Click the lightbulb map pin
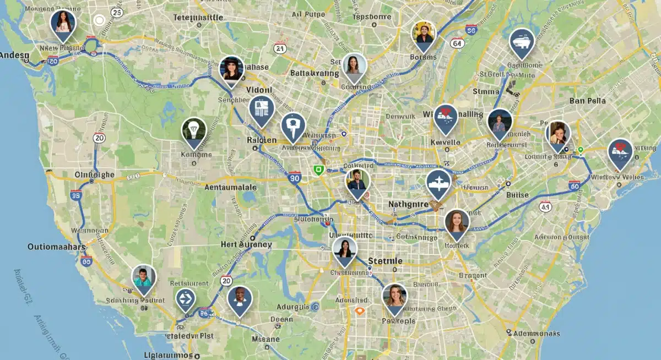(x=193, y=131)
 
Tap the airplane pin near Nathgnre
(x=438, y=183)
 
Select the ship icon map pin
(x=521, y=41)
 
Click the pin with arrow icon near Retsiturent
(x=186, y=299)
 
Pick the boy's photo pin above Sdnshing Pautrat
(x=143, y=278)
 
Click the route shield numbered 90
(x=295, y=177)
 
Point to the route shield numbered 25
(x=116, y=12)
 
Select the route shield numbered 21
(x=280, y=48)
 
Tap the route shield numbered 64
(x=457, y=42)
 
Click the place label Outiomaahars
(x=57, y=247)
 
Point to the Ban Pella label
(x=588, y=101)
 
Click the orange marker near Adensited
(x=360, y=311)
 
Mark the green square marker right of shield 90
(x=318, y=170)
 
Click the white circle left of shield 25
(x=99, y=21)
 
